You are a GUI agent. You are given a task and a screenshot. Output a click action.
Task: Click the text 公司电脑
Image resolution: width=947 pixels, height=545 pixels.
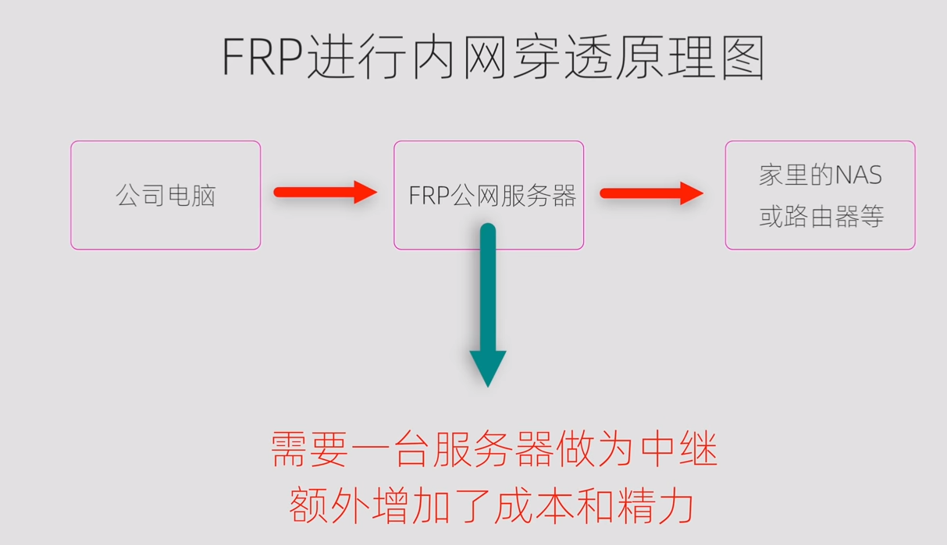[166, 195]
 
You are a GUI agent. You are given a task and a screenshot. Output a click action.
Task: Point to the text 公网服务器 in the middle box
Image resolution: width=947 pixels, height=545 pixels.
[513, 196]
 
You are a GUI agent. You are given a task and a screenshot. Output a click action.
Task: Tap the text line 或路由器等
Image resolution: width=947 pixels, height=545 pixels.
[821, 216]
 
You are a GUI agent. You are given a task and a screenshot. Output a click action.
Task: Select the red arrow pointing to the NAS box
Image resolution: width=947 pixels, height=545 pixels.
[651, 193]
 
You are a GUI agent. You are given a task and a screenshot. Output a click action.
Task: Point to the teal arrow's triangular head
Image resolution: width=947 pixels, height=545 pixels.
[488, 366]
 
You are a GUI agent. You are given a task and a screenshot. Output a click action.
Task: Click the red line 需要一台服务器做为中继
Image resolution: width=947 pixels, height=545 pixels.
[493, 451]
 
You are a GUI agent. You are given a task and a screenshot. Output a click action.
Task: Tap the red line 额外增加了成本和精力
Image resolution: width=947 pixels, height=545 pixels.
[491, 506]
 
